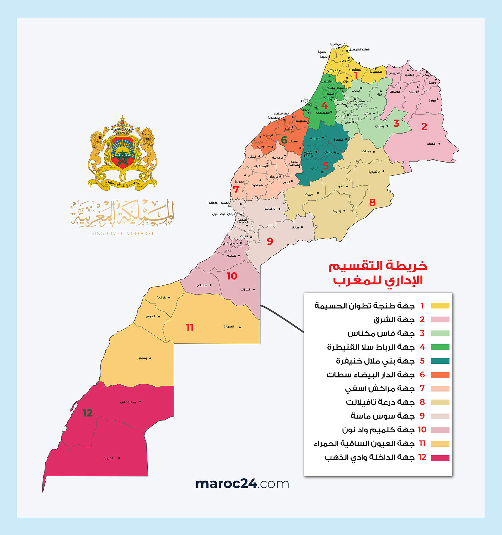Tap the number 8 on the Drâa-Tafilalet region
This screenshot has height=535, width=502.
[372, 202]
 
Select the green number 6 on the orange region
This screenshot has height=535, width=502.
[284, 140]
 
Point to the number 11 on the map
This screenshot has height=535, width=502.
[190, 328]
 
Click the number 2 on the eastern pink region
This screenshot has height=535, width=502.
[424, 127]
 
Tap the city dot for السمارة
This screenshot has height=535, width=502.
[240, 327]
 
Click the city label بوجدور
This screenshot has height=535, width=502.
[142, 358]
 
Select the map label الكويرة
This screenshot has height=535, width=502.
[108, 458]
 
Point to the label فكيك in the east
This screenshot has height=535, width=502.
[431, 144]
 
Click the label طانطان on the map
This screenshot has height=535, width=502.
[202, 285]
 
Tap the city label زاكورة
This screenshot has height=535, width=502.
[337, 211]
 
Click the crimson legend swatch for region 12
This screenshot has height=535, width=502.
[440, 458]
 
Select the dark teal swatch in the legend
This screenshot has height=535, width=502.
[440, 361]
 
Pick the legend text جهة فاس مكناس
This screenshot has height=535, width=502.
[381, 333]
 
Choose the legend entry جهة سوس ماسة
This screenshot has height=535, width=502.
[382, 416]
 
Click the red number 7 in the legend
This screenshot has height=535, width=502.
[422, 388]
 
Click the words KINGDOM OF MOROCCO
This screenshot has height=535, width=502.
[122, 233]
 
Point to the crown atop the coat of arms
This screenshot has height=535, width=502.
[122, 126]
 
